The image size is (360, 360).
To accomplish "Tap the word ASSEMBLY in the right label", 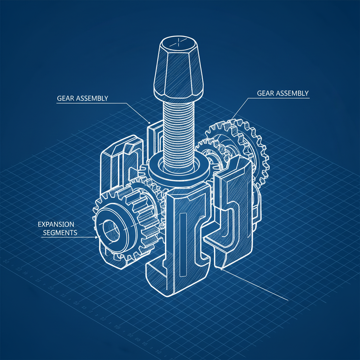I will (x=292, y=93).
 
